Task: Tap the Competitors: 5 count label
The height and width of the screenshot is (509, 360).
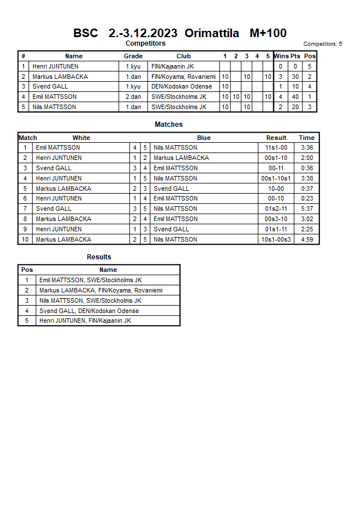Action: click(323, 44)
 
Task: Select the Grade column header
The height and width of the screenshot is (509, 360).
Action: click(133, 56)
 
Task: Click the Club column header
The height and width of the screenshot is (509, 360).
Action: click(183, 56)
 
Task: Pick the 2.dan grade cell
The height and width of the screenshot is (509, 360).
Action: click(133, 97)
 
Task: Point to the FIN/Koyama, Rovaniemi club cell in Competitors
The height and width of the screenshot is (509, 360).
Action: click(183, 77)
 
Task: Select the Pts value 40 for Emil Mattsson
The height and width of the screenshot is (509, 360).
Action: click(295, 97)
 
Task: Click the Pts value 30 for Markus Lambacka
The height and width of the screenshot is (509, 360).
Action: click(295, 77)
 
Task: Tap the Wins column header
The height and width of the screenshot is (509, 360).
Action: click(281, 56)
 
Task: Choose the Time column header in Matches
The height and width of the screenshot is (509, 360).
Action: click(307, 138)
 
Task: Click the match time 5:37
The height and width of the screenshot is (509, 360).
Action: click(307, 209)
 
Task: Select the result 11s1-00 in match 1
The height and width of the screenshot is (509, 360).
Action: click(276, 147)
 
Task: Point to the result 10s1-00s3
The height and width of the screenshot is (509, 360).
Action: click(276, 240)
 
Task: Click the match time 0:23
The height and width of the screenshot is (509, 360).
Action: click(307, 199)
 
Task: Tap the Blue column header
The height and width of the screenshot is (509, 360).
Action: click(204, 138)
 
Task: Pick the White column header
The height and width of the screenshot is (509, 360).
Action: click(81, 138)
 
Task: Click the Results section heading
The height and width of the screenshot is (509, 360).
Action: click(99, 257)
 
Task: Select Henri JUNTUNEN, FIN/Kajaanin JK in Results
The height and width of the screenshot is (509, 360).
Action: click(85, 321)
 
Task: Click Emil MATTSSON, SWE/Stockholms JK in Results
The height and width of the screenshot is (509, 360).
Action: click(90, 280)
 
